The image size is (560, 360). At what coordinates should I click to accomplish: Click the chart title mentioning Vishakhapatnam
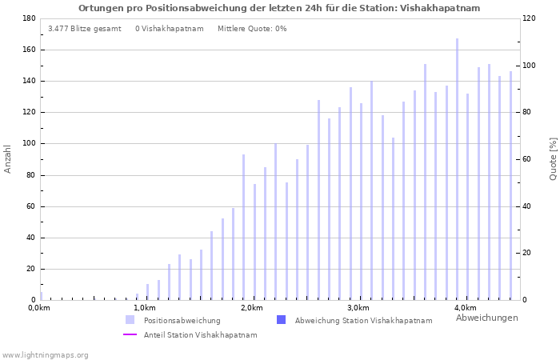point(279,8)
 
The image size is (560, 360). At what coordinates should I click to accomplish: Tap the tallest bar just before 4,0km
point(458,169)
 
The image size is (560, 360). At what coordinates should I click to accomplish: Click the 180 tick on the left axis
point(29,18)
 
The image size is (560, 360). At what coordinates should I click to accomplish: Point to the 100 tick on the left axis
point(29,144)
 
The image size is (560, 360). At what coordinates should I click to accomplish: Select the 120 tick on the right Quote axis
point(529,18)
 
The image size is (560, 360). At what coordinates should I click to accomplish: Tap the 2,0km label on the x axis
point(252,308)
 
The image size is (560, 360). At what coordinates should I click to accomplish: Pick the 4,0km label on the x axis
point(465,308)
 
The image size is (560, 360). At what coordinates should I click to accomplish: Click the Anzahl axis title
point(8,158)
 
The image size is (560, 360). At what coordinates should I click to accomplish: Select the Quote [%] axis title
point(553,158)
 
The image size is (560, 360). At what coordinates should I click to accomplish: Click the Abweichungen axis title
point(486,318)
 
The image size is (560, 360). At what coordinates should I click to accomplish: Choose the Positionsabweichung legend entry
point(182,321)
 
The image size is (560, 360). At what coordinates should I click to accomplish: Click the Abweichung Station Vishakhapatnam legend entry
point(363,321)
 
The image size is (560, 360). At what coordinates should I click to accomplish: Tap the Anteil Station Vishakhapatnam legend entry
point(200,335)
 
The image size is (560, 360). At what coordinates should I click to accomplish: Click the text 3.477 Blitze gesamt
point(85,29)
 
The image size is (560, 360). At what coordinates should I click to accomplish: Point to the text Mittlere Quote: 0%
point(252,29)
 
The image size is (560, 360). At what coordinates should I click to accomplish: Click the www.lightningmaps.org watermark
point(46,355)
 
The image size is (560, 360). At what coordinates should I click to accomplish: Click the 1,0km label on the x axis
point(145,308)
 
